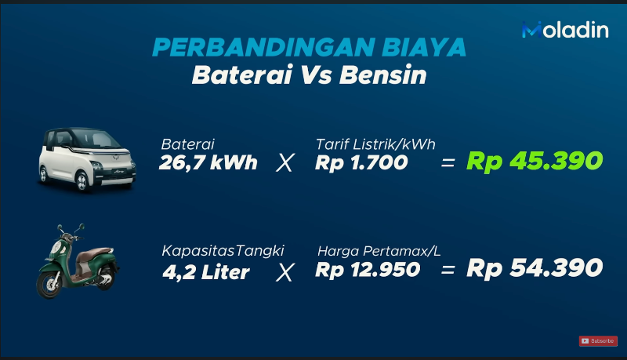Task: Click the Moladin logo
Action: pos(564,30)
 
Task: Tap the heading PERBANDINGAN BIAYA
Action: pos(309,48)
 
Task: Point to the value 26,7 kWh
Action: pos(208,162)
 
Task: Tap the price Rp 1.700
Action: pos(361,162)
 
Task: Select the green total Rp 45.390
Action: pos(535,161)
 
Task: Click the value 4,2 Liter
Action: pos(205,271)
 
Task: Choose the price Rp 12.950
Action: pos(368,271)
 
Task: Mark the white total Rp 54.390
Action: pos(535,269)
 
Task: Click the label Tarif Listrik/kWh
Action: pos(375,144)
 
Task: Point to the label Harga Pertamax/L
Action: pos(379,251)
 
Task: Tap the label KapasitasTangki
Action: pos(223,251)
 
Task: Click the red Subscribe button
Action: pos(597,340)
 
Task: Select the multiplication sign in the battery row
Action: pos(286,163)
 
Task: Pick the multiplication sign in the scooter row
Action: pos(286,271)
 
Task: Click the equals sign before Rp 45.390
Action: pos(448,162)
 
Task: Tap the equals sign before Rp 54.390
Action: pos(448,271)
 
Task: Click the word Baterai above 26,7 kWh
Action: pos(187,144)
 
